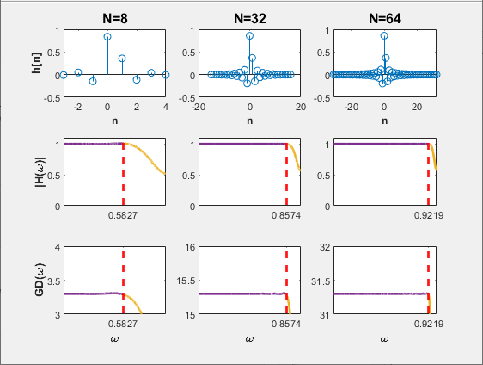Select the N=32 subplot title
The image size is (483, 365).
[x=249, y=16]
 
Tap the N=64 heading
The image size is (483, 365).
[x=384, y=16]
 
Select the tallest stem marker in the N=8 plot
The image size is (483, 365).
[x=107, y=37]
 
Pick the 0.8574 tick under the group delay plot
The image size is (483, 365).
[x=286, y=325]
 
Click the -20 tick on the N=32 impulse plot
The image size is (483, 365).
[x=199, y=108]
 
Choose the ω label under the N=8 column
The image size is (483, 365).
[x=114, y=339]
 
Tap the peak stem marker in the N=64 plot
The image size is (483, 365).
[x=384, y=36]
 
